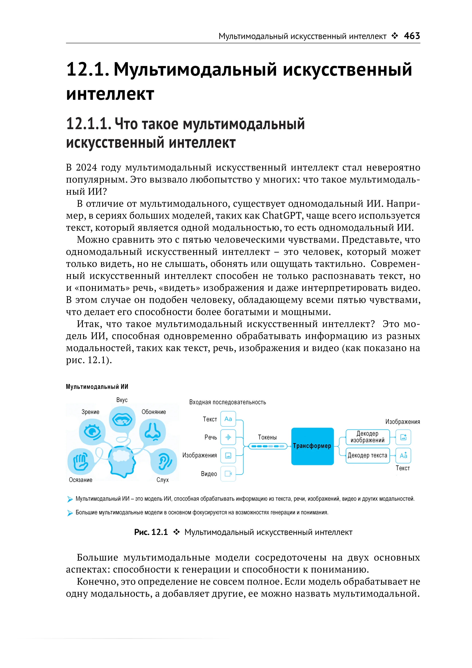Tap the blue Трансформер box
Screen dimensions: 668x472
(x=312, y=446)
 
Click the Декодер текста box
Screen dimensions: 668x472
(x=367, y=455)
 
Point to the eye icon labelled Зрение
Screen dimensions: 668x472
(x=92, y=432)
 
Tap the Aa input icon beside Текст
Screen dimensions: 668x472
(x=228, y=419)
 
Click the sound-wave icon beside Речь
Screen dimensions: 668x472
(x=228, y=437)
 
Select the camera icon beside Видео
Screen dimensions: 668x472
(x=228, y=474)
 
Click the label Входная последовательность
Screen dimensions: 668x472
(x=228, y=402)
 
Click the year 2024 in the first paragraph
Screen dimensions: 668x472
(x=86, y=168)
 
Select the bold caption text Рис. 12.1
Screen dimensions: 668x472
(x=151, y=532)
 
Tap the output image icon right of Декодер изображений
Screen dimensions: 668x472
(x=403, y=437)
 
